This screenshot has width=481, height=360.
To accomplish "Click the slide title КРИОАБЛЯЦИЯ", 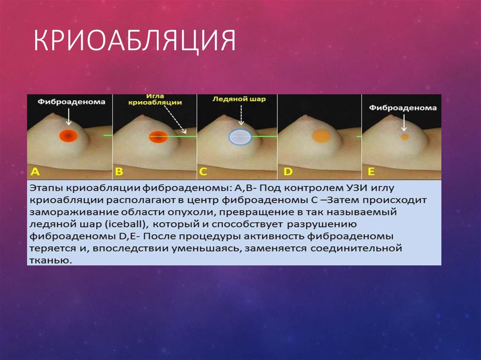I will click(134, 41).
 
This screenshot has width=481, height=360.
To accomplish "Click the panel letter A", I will click(36, 172).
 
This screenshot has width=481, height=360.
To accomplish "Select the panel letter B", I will click(119, 172).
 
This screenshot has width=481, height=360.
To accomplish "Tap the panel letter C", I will click(203, 172).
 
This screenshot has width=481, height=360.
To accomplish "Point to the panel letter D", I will click(287, 172).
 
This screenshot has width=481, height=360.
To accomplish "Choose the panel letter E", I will click(371, 172).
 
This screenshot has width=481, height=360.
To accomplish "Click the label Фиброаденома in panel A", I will click(69, 101).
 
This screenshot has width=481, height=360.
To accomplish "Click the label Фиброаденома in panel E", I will click(403, 108).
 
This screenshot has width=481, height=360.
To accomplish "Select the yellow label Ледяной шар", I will click(239, 99).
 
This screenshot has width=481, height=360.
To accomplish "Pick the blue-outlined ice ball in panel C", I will click(240, 136).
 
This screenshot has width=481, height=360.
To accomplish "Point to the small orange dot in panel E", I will click(404, 137).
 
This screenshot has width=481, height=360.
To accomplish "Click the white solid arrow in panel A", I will click(69, 116).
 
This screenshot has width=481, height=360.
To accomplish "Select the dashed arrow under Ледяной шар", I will click(241, 115).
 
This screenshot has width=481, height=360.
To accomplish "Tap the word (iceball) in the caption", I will click(126, 224).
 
